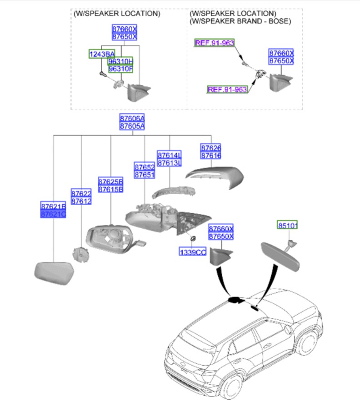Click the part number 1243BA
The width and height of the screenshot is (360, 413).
pos(101,54)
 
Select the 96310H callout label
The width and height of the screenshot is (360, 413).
pos(120,61)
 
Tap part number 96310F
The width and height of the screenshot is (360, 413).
pos(120,69)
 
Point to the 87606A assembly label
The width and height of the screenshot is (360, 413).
pos(132,118)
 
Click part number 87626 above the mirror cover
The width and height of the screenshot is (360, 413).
pos(211,148)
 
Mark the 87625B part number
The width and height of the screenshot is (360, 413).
pos(111,181)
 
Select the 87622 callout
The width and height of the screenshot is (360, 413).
pos(81,194)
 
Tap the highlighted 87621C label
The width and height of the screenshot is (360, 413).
pos(54,214)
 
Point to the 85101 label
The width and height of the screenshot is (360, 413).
pos(288,225)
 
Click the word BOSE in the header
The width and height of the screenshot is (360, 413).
pos(280,21)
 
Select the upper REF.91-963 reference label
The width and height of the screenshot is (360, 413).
pos(214,43)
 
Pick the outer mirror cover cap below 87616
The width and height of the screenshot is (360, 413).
pos(215,176)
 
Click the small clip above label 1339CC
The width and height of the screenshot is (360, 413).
pos(192,238)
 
